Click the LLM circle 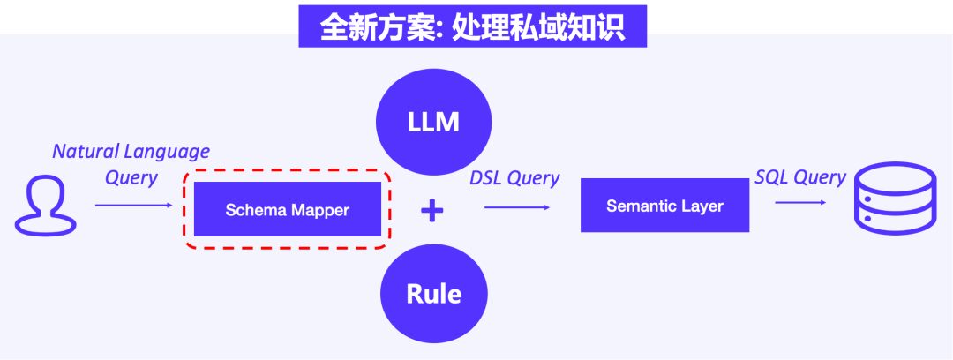[x=433, y=122]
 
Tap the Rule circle [x=433, y=295]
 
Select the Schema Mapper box [x=288, y=208]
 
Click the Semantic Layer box [x=664, y=205]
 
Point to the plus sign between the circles [x=432, y=210]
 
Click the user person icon [x=46, y=205]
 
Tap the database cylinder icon [x=895, y=199]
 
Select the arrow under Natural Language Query [x=134, y=206]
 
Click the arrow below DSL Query [x=517, y=208]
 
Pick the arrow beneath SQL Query [x=800, y=202]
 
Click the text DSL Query [x=514, y=178]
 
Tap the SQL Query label [x=800, y=177]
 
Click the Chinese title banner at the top [x=472, y=26]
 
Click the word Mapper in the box [x=319, y=210]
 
